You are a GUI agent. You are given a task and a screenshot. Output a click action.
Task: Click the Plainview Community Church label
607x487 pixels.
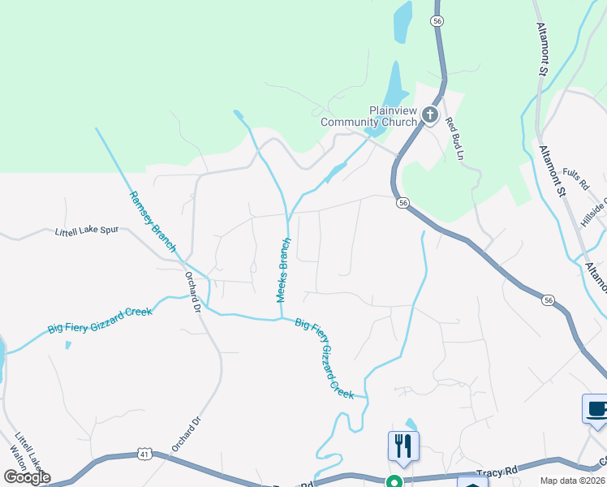point(393,116)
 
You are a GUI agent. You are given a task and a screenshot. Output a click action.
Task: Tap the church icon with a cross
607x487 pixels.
point(429,116)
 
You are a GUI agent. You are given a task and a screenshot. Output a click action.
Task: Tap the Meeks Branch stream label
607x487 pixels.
point(283,269)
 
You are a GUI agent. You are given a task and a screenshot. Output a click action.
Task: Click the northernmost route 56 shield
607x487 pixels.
point(437,22)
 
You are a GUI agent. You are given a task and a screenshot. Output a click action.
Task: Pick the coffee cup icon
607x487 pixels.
point(596,408)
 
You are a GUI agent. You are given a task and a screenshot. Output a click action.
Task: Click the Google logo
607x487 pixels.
point(27,477)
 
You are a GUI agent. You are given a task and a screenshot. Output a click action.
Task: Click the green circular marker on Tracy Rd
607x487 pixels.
point(394,481)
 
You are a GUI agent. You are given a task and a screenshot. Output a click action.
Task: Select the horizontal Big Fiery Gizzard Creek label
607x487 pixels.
point(101,317)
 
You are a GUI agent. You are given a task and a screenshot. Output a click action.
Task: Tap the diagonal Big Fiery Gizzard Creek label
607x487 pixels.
point(325,358)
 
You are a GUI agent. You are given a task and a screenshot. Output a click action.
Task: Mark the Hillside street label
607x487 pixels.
point(594,213)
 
